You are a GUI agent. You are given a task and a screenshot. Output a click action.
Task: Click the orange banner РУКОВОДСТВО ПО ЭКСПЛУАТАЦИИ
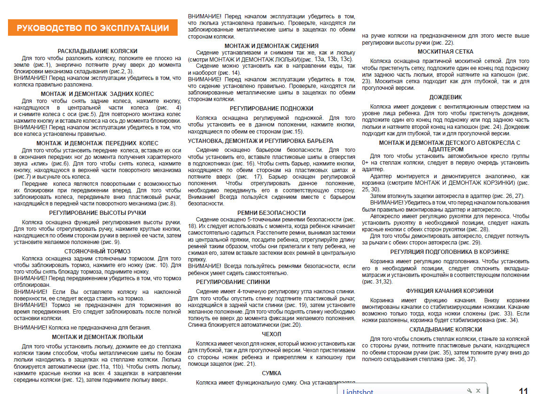click(x=93, y=28)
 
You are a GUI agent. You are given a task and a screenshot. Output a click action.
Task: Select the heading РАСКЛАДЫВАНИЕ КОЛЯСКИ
click(x=97, y=51)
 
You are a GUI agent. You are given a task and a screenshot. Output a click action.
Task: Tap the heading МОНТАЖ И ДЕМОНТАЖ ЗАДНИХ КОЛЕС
click(x=97, y=94)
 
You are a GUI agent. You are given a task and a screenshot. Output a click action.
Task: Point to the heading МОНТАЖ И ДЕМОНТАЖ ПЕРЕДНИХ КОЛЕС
click(x=97, y=143)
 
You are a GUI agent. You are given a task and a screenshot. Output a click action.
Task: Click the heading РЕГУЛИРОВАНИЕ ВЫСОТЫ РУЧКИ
click(x=97, y=213)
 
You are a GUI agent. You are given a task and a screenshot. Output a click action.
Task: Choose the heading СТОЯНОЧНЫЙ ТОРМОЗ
click(x=97, y=251)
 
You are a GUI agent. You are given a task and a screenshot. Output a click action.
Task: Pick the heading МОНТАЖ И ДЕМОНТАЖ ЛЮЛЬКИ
click(x=97, y=337)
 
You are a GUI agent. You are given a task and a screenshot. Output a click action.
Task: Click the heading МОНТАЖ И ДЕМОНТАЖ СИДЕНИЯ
click(x=272, y=46)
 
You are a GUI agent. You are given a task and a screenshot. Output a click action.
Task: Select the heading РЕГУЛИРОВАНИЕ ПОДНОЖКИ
click(x=272, y=108)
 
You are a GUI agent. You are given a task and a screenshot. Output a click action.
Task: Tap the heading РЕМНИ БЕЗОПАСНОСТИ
click(x=272, y=213)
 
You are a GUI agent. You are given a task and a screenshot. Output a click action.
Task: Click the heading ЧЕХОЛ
click(x=272, y=334)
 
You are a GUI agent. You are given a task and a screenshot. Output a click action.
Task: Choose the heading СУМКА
click(x=272, y=373)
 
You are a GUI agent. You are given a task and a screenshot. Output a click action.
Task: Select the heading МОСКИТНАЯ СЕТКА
click(x=446, y=52)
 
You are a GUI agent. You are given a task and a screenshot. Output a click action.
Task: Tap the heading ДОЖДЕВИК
click(x=446, y=97)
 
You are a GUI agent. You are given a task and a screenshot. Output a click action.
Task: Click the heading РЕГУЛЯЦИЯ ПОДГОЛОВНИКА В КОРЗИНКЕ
click(x=446, y=252)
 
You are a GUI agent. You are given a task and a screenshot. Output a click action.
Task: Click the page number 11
click(x=523, y=390)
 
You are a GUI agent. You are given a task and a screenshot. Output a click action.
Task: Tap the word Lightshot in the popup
click(x=359, y=391)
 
